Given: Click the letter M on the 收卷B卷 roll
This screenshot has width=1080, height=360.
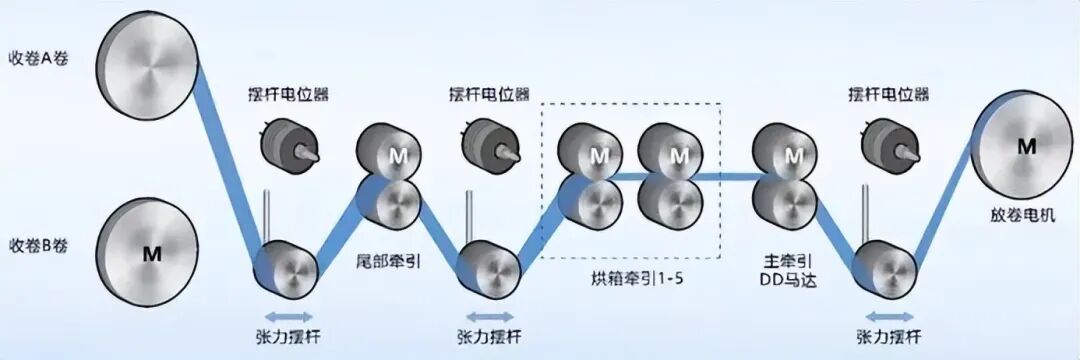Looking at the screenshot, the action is click(x=152, y=254).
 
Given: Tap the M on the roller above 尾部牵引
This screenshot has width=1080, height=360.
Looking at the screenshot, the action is click(x=398, y=156).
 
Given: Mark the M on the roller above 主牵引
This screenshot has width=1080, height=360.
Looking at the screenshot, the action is click(x=794, y=156).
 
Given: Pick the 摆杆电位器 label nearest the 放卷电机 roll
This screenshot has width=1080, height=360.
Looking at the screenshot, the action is click(x=889, y=94).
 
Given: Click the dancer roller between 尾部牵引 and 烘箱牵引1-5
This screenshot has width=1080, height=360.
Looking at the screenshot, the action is click(x=488, y=269).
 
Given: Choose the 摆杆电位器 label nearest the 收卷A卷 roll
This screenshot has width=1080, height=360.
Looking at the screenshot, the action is click(x=288, y=94).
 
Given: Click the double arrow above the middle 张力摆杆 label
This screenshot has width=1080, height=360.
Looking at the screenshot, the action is click(x=490, y=317).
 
